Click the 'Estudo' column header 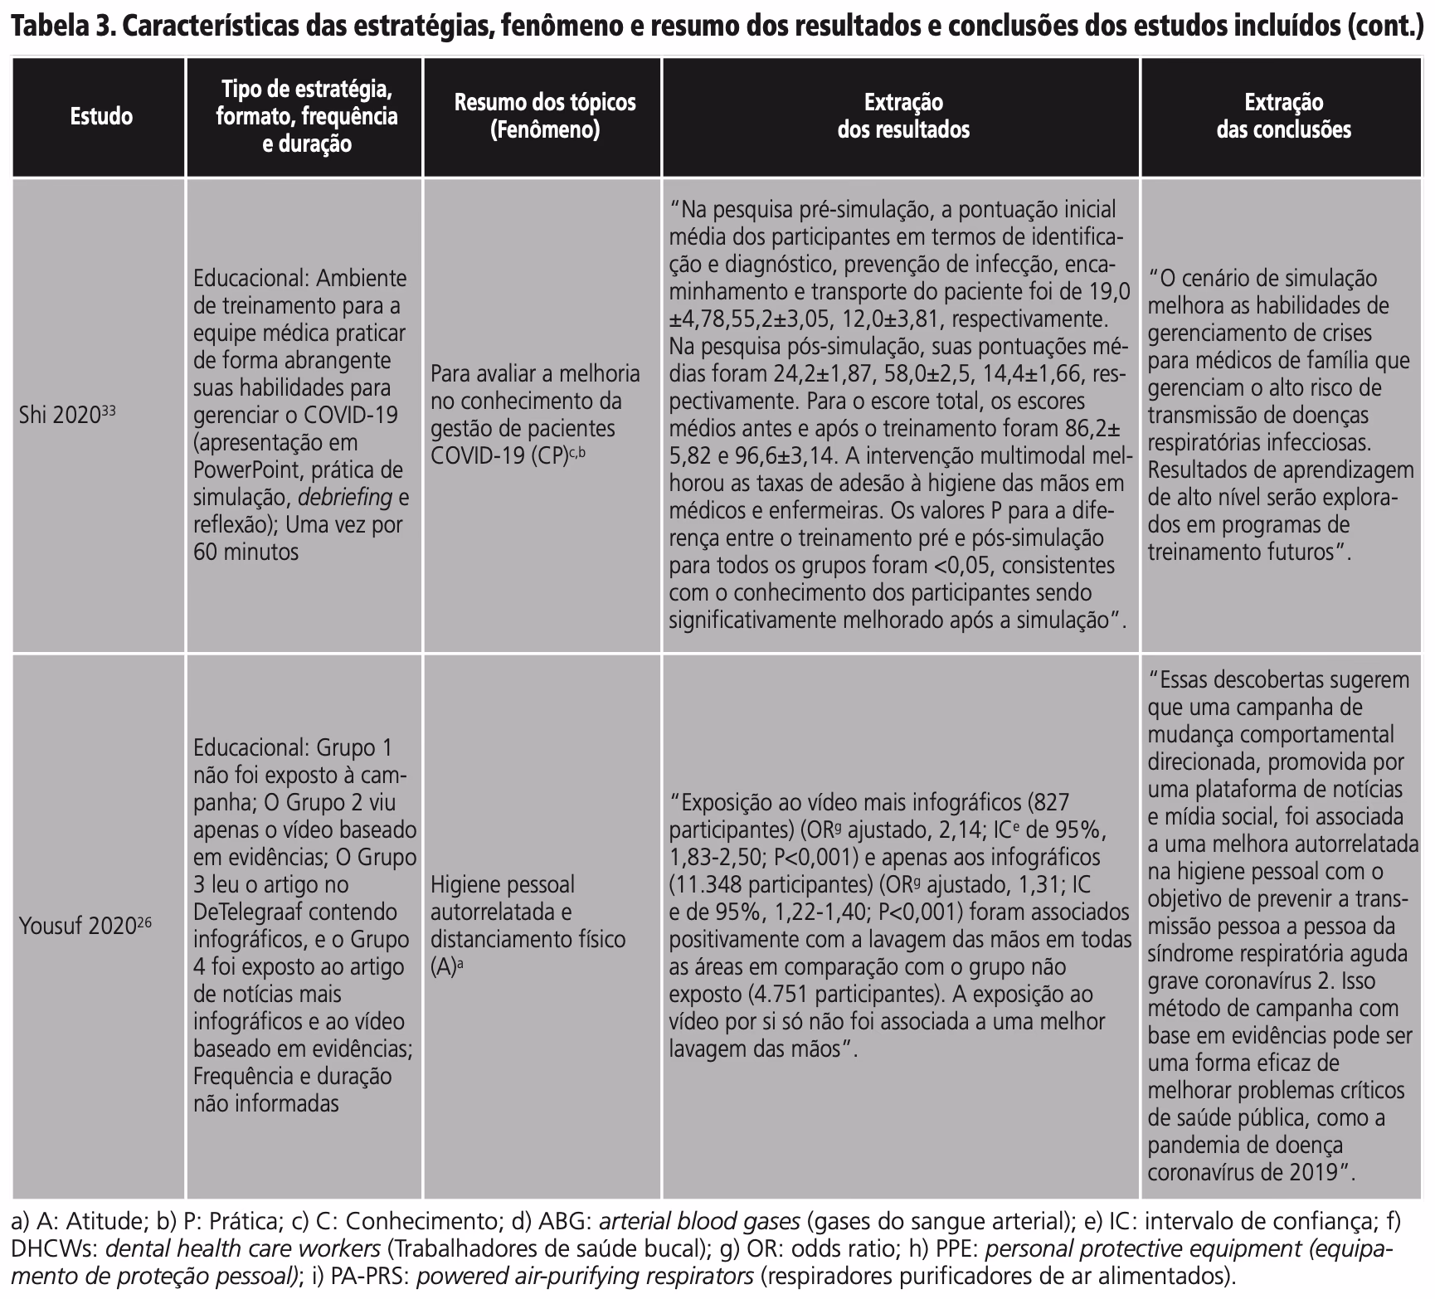(101, 116)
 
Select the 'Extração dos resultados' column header (902, 116)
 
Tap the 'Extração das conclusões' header (1283, 116)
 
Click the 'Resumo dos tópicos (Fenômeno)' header (544, 116)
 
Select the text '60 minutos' (246, 552)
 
